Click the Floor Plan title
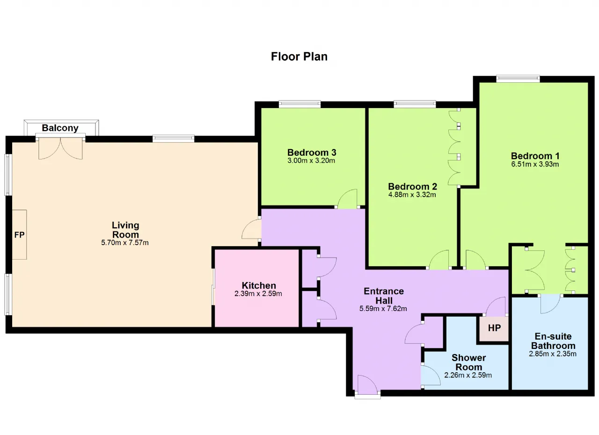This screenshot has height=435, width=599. (x=299, y=57)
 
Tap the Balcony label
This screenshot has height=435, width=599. (x=60, y=128)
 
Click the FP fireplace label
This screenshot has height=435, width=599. (x=19, y=235)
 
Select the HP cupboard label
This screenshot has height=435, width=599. (x=494, y=328)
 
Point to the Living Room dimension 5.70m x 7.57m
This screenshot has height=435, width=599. (x=125, y=243)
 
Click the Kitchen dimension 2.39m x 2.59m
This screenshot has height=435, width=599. (x=258, y=294)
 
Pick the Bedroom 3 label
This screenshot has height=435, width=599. (x=312, y=152)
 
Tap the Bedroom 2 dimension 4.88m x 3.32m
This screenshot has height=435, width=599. (x=412, y=195)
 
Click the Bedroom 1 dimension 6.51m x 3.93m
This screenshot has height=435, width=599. (x=535, y=164)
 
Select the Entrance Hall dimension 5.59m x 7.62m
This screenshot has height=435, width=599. (x=383, y=309)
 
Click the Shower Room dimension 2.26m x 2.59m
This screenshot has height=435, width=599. (x=468, y=375)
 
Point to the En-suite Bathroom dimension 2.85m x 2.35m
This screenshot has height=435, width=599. (x=553, y=354)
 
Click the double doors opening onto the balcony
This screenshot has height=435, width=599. (x=60, y=148)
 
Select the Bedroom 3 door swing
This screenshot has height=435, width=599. (x=347, y=199)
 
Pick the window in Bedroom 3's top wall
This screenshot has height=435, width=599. (x=299, y=104)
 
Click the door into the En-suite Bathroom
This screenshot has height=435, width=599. (x=550, y=304)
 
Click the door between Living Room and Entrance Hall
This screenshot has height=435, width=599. (x=251, y=229)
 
